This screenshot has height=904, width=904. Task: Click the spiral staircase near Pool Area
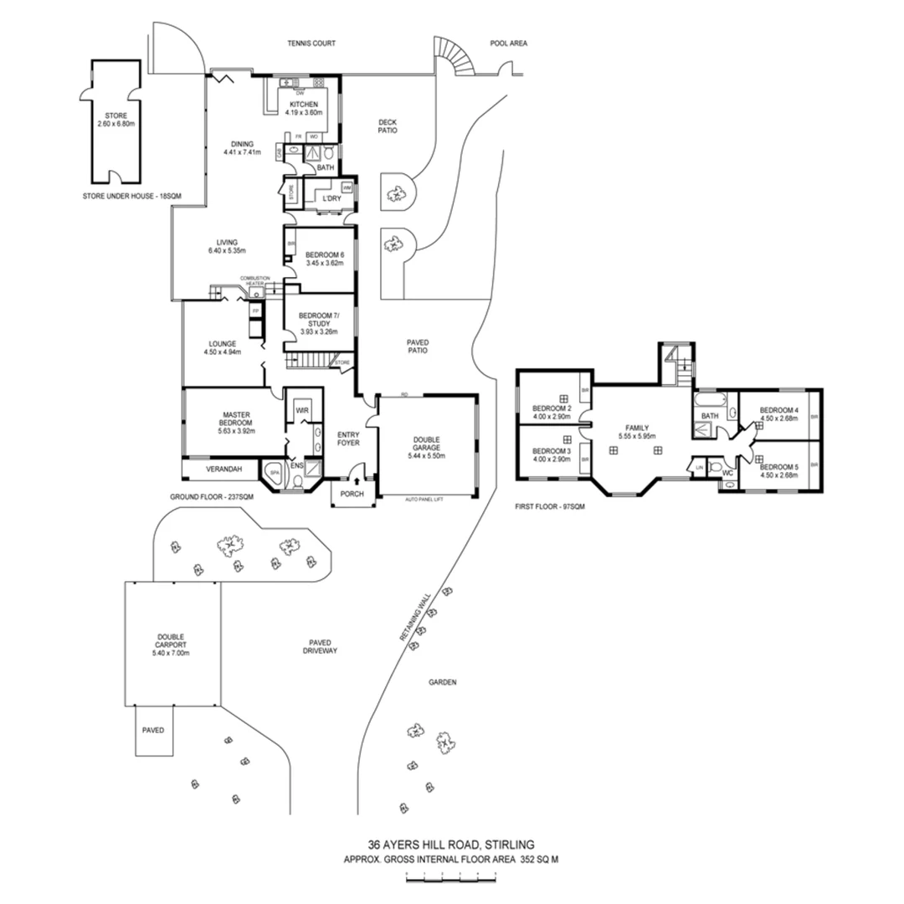click(x=457, y=59)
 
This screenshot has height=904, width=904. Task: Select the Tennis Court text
click(x=311, y=43)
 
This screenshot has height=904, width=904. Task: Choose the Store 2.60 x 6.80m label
click(x=116, y=119)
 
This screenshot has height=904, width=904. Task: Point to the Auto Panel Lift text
click(x=428, y=500)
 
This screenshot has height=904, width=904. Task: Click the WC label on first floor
click(x=727, y=471)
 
